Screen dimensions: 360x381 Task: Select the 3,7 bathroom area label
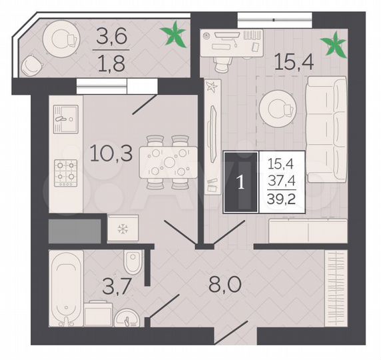96,288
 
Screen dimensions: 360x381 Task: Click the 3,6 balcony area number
111,34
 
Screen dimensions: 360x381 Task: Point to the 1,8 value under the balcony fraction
111,67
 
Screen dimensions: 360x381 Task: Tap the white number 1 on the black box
240,182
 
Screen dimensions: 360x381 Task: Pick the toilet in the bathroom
133,261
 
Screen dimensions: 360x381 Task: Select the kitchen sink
65,121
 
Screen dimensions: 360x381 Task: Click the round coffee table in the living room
277,107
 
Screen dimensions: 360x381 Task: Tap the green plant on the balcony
175,35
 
